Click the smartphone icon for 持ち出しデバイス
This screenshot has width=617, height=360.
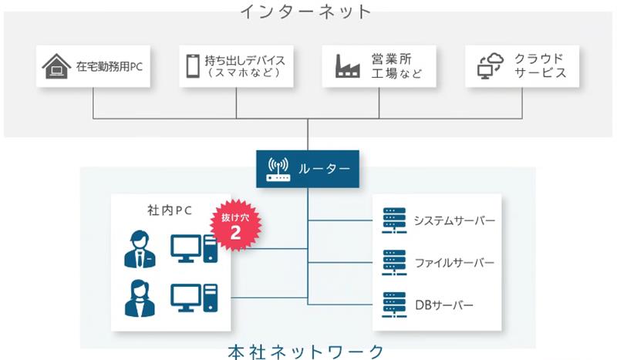pyautogui.click(x=193, y=67)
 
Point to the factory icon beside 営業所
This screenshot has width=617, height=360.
pyautogui.click(x=348, y=66)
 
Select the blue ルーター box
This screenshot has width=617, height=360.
pyautogui.click(x=308, y=168)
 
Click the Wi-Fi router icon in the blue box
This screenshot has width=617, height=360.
pyautogui.click(x=278, y=168)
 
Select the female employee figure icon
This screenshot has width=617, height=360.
pyautogui.click(x=139, y=298)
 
